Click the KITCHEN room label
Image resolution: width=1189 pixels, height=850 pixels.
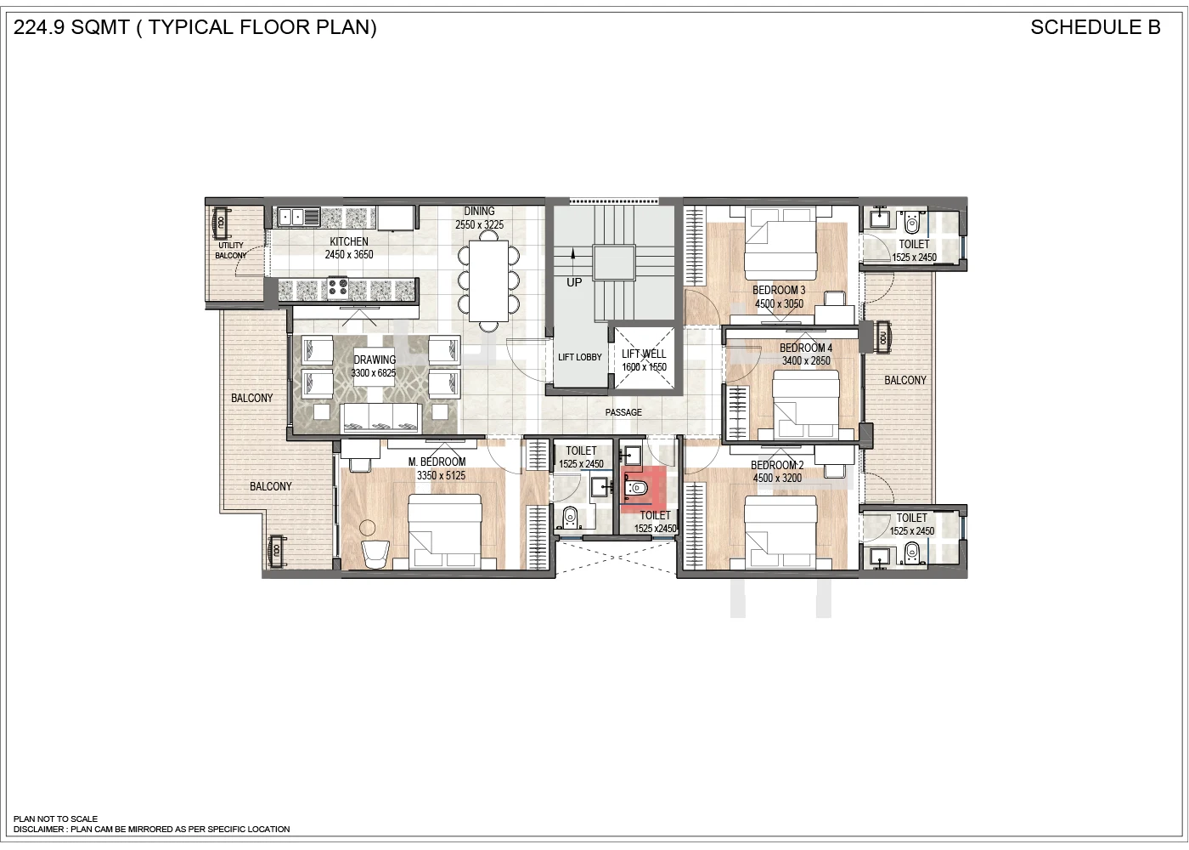(x=349, y=241)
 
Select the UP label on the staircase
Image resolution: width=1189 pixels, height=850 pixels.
(x=574, y=282)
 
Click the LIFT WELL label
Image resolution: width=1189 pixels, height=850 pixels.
(x=644, y=354)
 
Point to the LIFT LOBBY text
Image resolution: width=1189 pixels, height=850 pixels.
(x=579, y=357)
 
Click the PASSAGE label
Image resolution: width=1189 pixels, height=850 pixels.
(x=623, y=411)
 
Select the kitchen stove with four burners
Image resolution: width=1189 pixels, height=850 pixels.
(x=337, y=287)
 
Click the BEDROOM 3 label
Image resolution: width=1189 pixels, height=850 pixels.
(x=779, y=290)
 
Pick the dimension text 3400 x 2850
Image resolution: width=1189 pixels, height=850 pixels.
(x=806, y=360)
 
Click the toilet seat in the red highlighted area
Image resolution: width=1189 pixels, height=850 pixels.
(x=636, y=487)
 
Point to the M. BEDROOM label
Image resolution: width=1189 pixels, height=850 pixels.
(x=437, y=462)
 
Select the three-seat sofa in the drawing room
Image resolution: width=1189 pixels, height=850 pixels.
(x=382, y=418)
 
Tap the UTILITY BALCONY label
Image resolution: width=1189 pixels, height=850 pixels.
(x=231, y=250)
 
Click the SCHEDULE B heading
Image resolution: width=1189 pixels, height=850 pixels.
(x=1096, y=27)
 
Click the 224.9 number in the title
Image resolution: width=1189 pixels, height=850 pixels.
(x=39, y=27)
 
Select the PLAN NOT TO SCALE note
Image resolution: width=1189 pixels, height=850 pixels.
(x=56, y=819)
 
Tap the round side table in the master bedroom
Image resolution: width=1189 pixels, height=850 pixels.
(x=367, y=528)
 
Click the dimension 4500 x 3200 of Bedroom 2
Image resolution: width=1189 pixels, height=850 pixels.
(x=777, y=478)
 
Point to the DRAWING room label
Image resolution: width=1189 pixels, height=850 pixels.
(x=375, y=360)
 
